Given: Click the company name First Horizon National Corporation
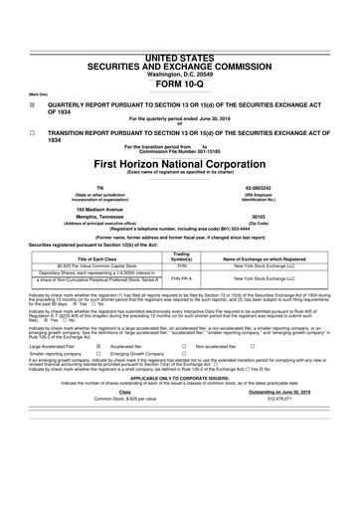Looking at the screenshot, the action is tap(179, 161).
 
